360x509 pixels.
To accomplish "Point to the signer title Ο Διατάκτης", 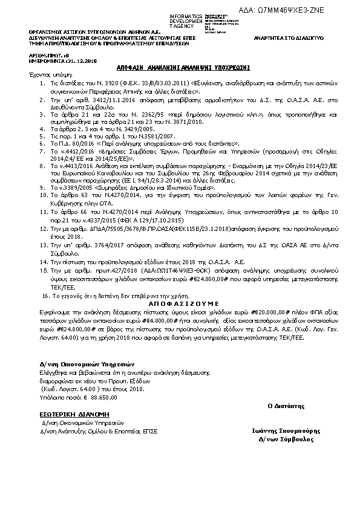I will click(x=286, y=405).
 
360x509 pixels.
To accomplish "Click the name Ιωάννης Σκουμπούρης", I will click(x=286, y=432).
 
